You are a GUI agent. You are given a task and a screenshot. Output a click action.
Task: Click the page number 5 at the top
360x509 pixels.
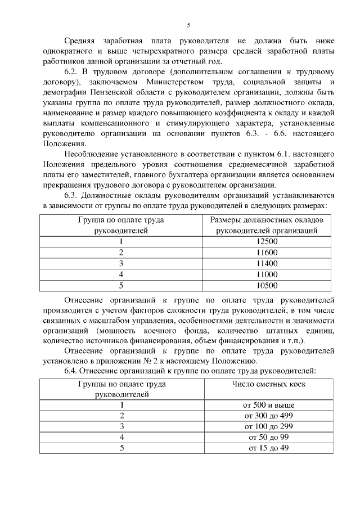pos(188,25)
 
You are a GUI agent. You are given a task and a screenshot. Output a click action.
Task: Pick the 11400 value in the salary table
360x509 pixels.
pos(267,263)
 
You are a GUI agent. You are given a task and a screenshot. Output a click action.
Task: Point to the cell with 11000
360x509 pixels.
pos(267,274)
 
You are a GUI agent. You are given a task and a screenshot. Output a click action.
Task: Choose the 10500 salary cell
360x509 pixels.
pos(267,285)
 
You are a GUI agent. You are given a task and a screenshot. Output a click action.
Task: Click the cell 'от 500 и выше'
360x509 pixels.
pos(268,405)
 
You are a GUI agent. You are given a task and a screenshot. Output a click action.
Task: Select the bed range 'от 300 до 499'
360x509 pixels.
pos(268,416)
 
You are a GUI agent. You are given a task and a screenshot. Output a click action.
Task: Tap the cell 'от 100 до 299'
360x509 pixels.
pos(268,426)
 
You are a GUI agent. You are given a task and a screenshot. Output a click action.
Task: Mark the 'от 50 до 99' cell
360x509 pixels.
pos(268,437)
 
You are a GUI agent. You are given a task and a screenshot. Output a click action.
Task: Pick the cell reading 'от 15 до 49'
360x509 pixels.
pos(268,448)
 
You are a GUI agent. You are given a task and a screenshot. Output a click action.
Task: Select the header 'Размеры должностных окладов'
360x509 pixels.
pos(267,220)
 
